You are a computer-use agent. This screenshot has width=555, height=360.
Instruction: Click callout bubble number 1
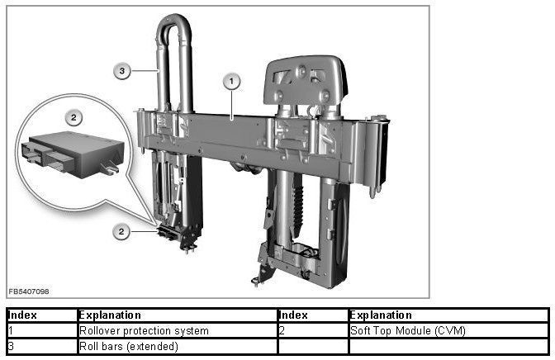pos(231,82)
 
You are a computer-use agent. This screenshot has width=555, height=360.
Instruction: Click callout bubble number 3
pos(122,71)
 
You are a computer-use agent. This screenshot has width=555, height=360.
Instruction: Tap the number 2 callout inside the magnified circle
pos(74,117)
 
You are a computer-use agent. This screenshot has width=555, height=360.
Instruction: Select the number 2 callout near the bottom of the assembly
pos(121,232)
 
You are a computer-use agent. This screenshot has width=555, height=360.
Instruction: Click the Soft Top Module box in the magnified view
pos(73,154)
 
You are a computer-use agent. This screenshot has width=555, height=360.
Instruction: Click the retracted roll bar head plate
pos(305,81)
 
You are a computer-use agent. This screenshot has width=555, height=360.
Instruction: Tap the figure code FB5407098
pos(29,291)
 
